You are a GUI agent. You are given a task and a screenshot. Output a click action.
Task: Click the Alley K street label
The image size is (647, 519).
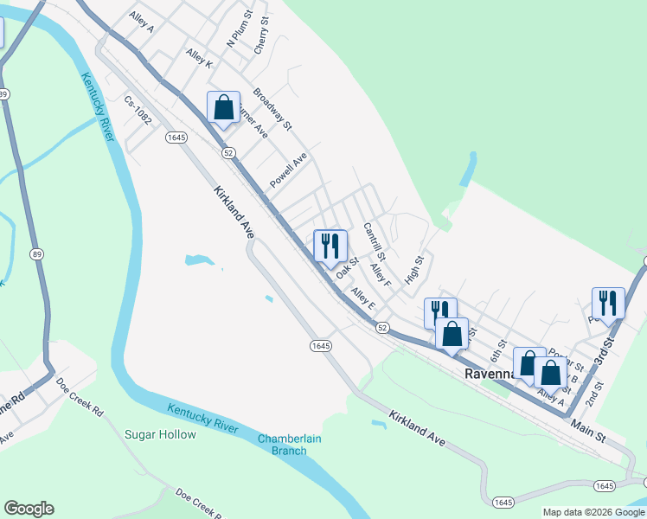pos(199,57)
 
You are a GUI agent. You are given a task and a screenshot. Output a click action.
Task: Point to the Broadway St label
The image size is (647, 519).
pos(272,109)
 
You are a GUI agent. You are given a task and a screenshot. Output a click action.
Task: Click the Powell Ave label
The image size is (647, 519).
pos(288,170)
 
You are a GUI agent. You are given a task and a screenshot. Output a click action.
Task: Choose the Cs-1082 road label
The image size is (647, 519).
pos(138,111)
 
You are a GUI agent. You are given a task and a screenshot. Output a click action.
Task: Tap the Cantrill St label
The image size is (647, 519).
pos(374,242)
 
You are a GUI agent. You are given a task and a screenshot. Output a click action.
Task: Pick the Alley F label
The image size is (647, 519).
pos(381,276)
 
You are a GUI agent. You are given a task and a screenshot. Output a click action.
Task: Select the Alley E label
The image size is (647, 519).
pos(363,299)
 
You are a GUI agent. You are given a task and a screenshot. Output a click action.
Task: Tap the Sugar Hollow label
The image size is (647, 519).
pos(160,434)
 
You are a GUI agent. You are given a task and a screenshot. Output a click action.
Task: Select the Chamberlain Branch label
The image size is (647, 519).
pos(289,445)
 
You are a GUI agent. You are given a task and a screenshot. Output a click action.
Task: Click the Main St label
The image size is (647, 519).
pos(588,430)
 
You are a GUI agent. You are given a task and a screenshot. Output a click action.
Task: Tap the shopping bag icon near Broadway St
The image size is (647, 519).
pos(223,108)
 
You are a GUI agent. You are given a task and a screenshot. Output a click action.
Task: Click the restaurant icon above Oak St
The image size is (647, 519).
pos(330,246)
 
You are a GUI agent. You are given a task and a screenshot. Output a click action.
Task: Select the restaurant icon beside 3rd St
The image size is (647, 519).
pos(608,303)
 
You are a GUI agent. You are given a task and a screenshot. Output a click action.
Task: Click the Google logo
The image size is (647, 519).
pos(29,509)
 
